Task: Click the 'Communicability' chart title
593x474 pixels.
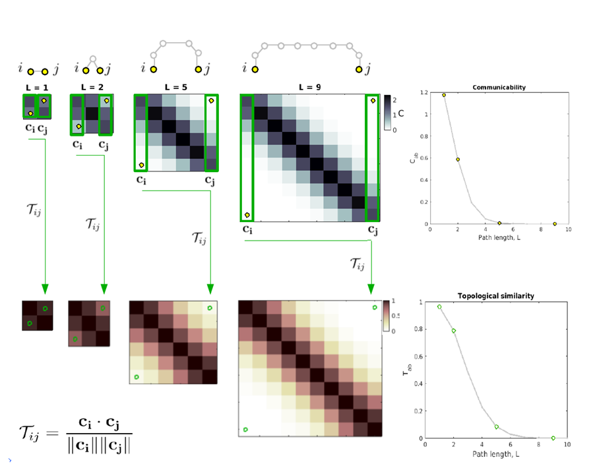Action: [x=499, y=87]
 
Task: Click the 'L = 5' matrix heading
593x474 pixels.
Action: [x=175, y=87]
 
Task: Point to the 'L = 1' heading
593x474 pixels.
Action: [x=36, y=87]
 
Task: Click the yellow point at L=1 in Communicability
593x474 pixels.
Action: [x=444, y=95]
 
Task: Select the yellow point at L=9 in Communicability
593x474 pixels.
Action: [x=555, y=224]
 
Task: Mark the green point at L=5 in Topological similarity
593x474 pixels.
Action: [x=497, y=427]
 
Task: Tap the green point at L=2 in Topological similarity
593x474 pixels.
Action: [x=454, y=331]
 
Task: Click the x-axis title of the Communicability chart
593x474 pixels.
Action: [x=499, y=237]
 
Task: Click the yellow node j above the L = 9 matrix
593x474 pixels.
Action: [x=359, y=69]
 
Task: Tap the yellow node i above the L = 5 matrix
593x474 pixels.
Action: [x=153, y=69]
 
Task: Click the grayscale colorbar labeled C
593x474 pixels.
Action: [x=388, y=114]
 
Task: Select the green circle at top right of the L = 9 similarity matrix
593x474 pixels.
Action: [x=375, y=307]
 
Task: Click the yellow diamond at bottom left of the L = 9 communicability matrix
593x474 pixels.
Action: [x=247, y=215]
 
